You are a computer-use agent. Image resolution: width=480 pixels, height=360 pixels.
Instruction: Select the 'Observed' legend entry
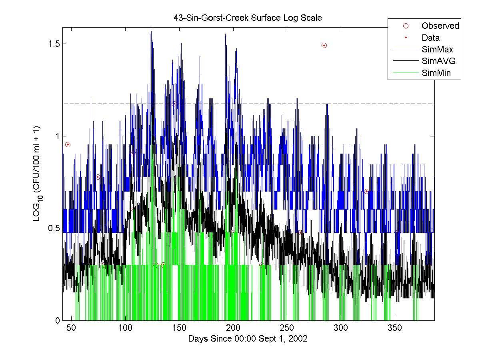pyautogui.click(x=440, y=26)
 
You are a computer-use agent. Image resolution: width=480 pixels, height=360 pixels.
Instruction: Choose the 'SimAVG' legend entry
pyautogui.click(x=438, y=61)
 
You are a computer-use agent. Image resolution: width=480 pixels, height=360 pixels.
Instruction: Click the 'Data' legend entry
pyautogui.click(x=430, y=38)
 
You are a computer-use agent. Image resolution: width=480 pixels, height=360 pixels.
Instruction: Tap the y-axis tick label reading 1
pyautogui.click(x=56, y=136)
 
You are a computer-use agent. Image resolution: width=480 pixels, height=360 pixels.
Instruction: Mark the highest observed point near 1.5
pyautogui.click(x=324, y=45)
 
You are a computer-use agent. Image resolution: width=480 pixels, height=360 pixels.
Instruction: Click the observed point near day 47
pyautogui.click(x=68, y=144)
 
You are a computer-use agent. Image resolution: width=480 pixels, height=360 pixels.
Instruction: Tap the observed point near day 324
pyautogui.click(x=366, y=191)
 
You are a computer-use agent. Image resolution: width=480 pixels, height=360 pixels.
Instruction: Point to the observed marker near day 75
pyautogui.click(x=98, y=177)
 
